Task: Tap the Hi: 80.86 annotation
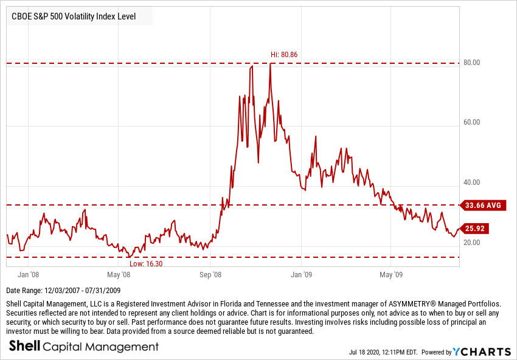coord(283,55)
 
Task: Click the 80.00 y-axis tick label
coord(472,63)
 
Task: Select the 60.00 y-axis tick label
coord(472,122)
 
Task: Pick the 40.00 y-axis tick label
coord(472,182)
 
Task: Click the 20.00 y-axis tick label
coord(472,243)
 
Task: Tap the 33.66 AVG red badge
coord(482,206)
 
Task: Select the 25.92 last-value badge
coord(474,229)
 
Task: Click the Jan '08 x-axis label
coord(29,274)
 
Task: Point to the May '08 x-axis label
coord(119,274)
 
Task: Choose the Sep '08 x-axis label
coord(210,274)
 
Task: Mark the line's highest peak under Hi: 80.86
coord(270,63)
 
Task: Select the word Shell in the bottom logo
coord(24,347)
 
